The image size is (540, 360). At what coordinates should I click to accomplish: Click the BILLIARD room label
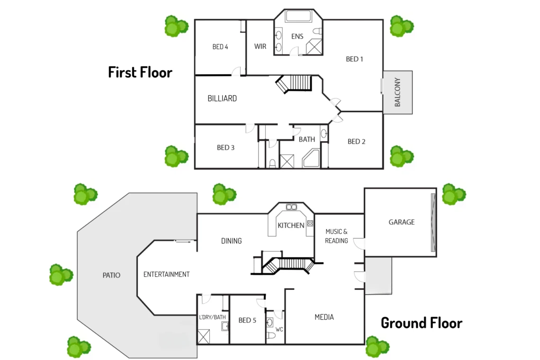[222, 99]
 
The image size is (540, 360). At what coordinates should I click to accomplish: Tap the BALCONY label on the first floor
[397, 92]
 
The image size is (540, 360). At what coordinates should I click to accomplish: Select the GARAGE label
[402, 222]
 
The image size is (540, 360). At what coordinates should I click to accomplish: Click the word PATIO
[112, 275]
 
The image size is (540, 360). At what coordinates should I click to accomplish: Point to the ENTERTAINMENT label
[166, 275]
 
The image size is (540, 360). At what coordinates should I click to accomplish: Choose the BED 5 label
[247, 320]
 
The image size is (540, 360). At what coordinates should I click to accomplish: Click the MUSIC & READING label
[336, 236]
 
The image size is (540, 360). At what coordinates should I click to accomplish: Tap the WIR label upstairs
[260, 46]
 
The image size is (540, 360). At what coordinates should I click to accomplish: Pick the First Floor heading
[140, 72]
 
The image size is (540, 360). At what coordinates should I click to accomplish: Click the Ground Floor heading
[422, 323]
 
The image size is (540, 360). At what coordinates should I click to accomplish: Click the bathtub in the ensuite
[298, 16]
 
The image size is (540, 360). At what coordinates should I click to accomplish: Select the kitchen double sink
[291, 207]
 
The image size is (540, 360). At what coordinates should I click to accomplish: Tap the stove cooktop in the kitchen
[310, 223]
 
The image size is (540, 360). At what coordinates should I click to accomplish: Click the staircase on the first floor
[294, 83]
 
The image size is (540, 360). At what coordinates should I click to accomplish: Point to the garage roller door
[433, 223]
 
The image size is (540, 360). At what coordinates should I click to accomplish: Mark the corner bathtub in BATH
[311, 159]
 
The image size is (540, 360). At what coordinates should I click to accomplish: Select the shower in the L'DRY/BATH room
[204, 337]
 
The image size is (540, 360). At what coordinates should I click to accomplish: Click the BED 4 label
[220, 47]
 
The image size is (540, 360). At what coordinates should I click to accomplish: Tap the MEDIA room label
[324, 317]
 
